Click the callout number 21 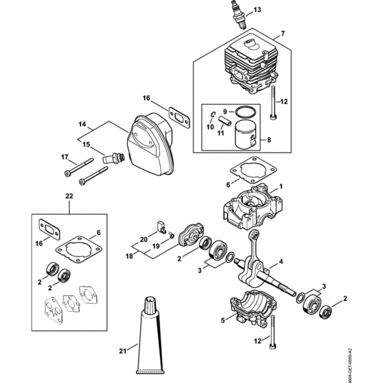coord(123,352)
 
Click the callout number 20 coord(143,238)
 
